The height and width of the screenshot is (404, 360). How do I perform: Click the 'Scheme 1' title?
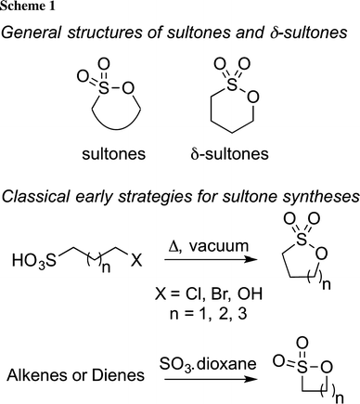click(27, 8)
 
